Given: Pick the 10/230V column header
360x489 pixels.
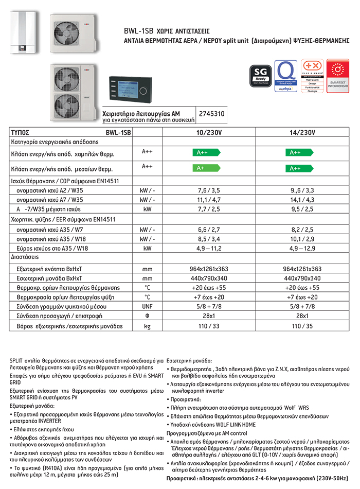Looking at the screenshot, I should click(205, 132).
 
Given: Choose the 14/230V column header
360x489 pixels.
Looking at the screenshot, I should click(302, 132).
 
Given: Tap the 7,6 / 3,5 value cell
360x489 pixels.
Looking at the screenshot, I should click(205, 190).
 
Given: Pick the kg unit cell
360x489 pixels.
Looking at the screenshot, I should click(147, 326).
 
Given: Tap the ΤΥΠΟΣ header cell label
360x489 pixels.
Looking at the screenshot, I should click(21, 132).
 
